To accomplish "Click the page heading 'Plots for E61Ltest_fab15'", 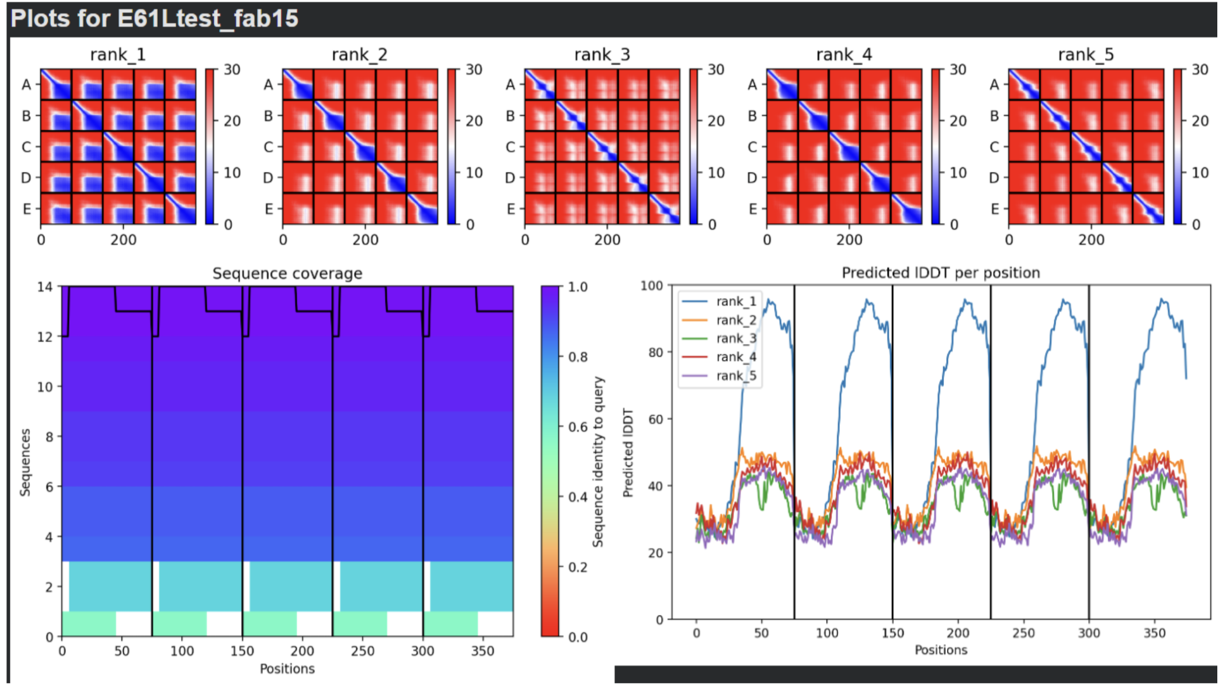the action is pos(154,19).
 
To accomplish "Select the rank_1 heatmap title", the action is pos(117,55).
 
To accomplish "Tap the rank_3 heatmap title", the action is pos(602,55).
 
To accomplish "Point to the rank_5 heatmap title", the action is pos(1085,55).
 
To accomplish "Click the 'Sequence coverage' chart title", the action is pos(287,273).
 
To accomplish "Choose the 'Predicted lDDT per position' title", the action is pos(940,273).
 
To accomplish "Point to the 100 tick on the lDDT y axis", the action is pos(652,286).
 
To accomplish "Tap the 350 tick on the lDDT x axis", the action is pos(1154,633).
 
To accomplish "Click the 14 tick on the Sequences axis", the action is pos(45,287).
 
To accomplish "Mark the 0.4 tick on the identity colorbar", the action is pos(578,497).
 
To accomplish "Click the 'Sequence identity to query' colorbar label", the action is pos(598,462).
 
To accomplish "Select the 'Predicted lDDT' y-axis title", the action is pos(628,453).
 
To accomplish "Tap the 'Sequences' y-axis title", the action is pos(25,463).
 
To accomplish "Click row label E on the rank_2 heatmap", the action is pos(269,209).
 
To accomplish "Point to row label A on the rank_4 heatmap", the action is pos(752,85).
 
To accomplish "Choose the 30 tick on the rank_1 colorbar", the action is pos(232,70).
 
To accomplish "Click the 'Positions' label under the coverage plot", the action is pos(287,669).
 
